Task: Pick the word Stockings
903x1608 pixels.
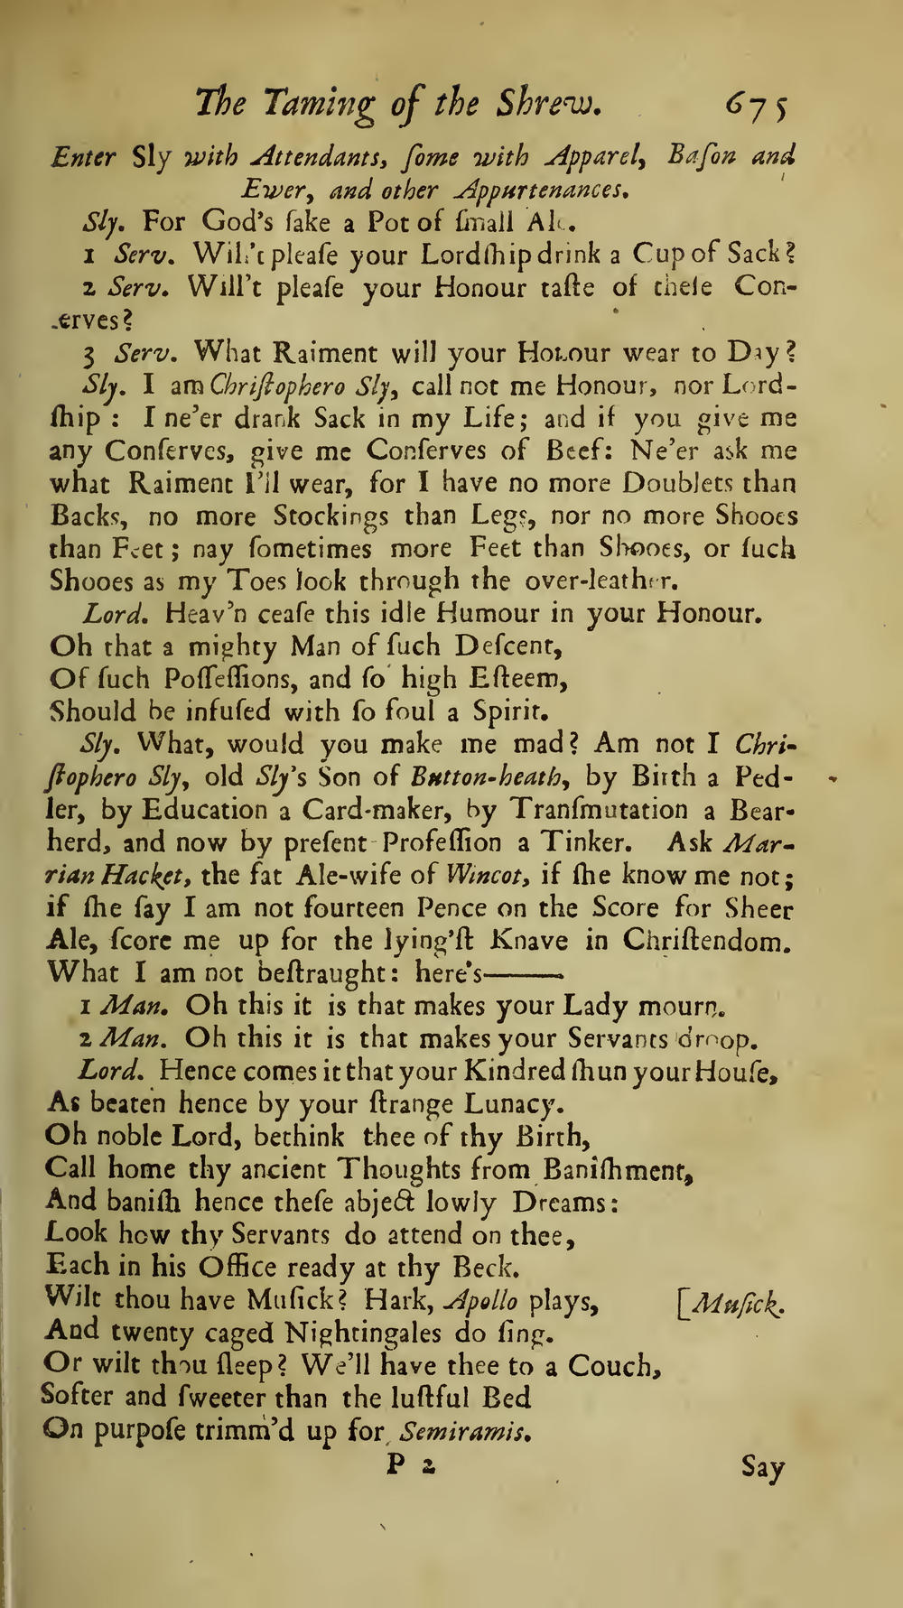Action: tap(331, 516)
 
